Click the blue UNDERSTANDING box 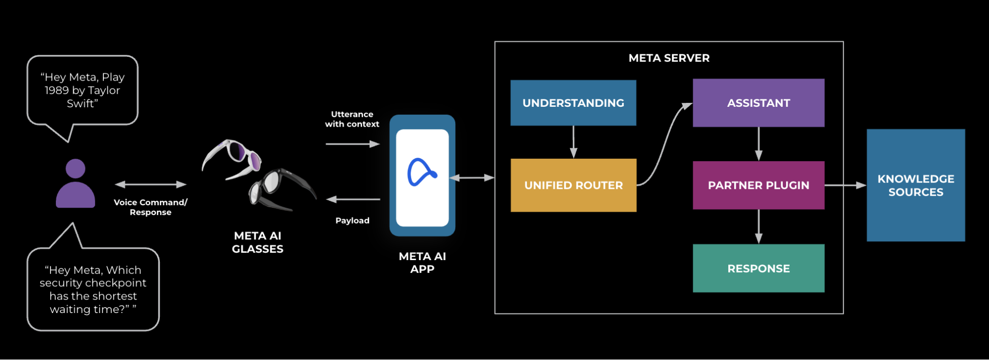[x=573, y=103]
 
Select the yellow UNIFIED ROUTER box [x=573, y=185]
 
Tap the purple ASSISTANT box [x=758, y=103]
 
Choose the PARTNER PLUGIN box [x=758, y=185]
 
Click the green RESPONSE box [x=758, y=269]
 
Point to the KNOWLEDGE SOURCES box [x=915, y=185]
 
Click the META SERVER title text [x=669, y=58]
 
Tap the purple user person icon [x=75, y=183]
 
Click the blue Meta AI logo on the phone [x=422, y=173]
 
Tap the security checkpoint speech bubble [x=93, y=290]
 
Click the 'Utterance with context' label [x=352, y=119]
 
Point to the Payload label [x=352, y=221]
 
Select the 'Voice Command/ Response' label [x=150, y=207]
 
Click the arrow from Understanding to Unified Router [x=573, y=142]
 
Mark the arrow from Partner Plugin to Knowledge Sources [x=845, y=185]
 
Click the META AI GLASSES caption [x=257, y=242]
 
